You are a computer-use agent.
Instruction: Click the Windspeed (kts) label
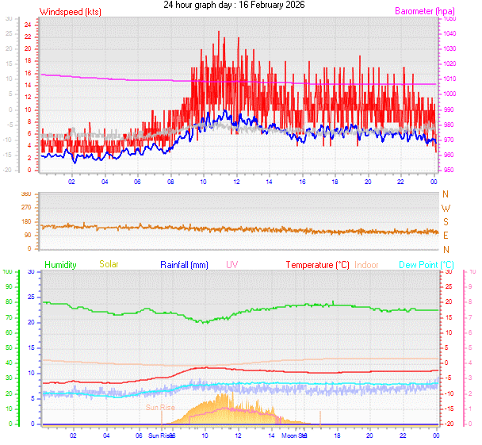click(x=70, y=12)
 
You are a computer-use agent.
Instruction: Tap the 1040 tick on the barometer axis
click(x=449, y=33)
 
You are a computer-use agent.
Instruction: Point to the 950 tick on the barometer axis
click(x=449, y=171)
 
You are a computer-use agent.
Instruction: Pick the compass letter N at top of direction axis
click(x=445, y=194)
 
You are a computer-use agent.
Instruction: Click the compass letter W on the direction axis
click(x=445, y=208)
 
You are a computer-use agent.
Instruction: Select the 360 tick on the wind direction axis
click(x=25, y=194)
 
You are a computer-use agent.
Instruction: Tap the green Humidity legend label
click(x=60, y=264)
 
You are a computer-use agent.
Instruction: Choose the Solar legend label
click(x=109, y=264)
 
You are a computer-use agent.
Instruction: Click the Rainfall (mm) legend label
click(x=184, y=264)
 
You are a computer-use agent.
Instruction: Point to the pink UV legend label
click(x=231, y=264)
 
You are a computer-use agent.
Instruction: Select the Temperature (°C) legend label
click(x=317, y=264)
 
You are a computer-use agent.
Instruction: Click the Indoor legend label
click(x=367, y=264)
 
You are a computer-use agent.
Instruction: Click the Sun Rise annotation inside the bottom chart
click(x=159, y=408)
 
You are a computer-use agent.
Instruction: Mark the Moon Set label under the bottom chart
click(x=295, y=435)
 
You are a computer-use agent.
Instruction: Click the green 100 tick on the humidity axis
click(x=8, y=272)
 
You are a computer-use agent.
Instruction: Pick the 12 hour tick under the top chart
click(x=237, y=181)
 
